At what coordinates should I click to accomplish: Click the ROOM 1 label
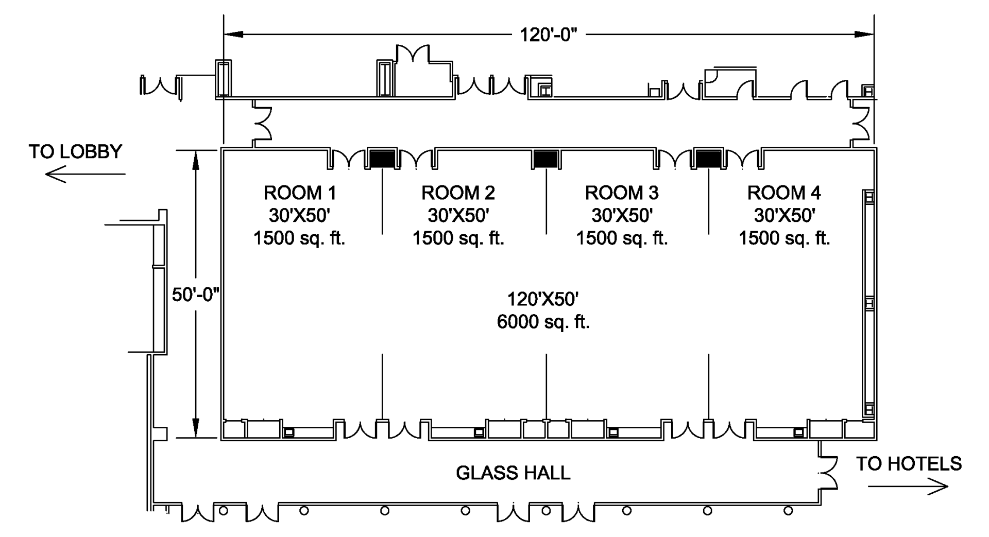(x=300, y=193)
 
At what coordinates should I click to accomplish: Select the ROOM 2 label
(x=458, y=193)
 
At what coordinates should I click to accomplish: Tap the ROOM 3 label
(x=622, y=193)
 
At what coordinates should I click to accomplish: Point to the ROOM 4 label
(x=784, y=193)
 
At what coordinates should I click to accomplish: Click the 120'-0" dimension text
(x=549, y=35)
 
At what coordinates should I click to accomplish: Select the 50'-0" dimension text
(x=196, y=295)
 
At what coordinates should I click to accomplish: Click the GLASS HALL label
(x=513, y=473)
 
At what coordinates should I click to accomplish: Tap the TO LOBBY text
(x=76, y=152)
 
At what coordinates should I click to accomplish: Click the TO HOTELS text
(x=909, y=464)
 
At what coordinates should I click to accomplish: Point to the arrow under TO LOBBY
(x=86, y=175)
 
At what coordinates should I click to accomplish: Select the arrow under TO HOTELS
(x=908, y=487)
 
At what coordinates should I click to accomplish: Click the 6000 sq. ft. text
(x=543, y=322)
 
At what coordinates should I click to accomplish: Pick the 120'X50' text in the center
(x=543, y=299)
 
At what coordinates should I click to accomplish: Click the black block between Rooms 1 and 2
(x=382, y=159)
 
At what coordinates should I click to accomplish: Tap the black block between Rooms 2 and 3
(x=546, y=159)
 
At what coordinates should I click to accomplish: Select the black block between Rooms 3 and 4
(x=709, y=159)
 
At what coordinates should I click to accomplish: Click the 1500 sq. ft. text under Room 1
(x=299, y=238)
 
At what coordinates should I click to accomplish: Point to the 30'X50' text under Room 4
(x=785, y=215)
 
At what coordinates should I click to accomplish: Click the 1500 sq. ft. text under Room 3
(x=622, y=238)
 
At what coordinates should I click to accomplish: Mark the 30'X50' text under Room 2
(x=458, y=215)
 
